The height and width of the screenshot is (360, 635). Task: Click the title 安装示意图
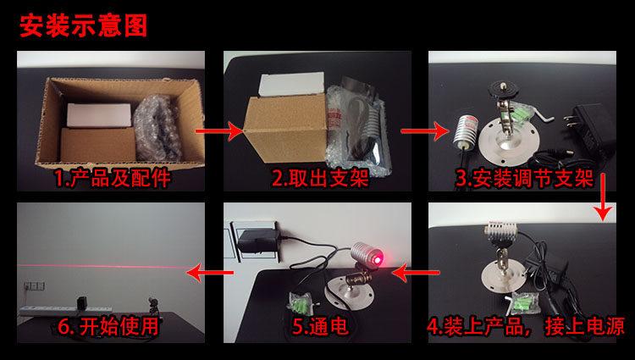point(83,25)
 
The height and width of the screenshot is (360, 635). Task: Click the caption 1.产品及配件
point(113,179)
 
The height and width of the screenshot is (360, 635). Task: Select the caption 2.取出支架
point(320,179)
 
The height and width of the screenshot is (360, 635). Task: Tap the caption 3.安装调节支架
point(524,179)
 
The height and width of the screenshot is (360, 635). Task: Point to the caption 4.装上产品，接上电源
point(526,327)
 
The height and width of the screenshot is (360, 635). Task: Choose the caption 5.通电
point(320,327)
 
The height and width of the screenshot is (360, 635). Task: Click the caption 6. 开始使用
point(108,327)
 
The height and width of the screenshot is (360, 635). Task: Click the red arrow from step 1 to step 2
point(219,131)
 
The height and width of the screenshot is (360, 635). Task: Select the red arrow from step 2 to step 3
point(425,131)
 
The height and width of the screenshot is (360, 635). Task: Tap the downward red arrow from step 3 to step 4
point(604,197)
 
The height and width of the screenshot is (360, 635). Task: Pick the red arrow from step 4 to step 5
point(416,273)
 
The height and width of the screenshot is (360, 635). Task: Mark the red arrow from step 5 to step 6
point(210,273)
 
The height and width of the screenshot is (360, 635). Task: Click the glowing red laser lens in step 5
point(378,258)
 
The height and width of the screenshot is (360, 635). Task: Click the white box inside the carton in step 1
point(99,115)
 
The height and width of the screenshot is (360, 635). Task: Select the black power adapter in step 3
point(587,129)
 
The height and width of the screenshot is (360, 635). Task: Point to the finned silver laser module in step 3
point(466,130)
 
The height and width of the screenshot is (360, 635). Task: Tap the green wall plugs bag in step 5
point(301,304)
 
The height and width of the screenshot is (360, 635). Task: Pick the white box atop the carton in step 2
point(291,84)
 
